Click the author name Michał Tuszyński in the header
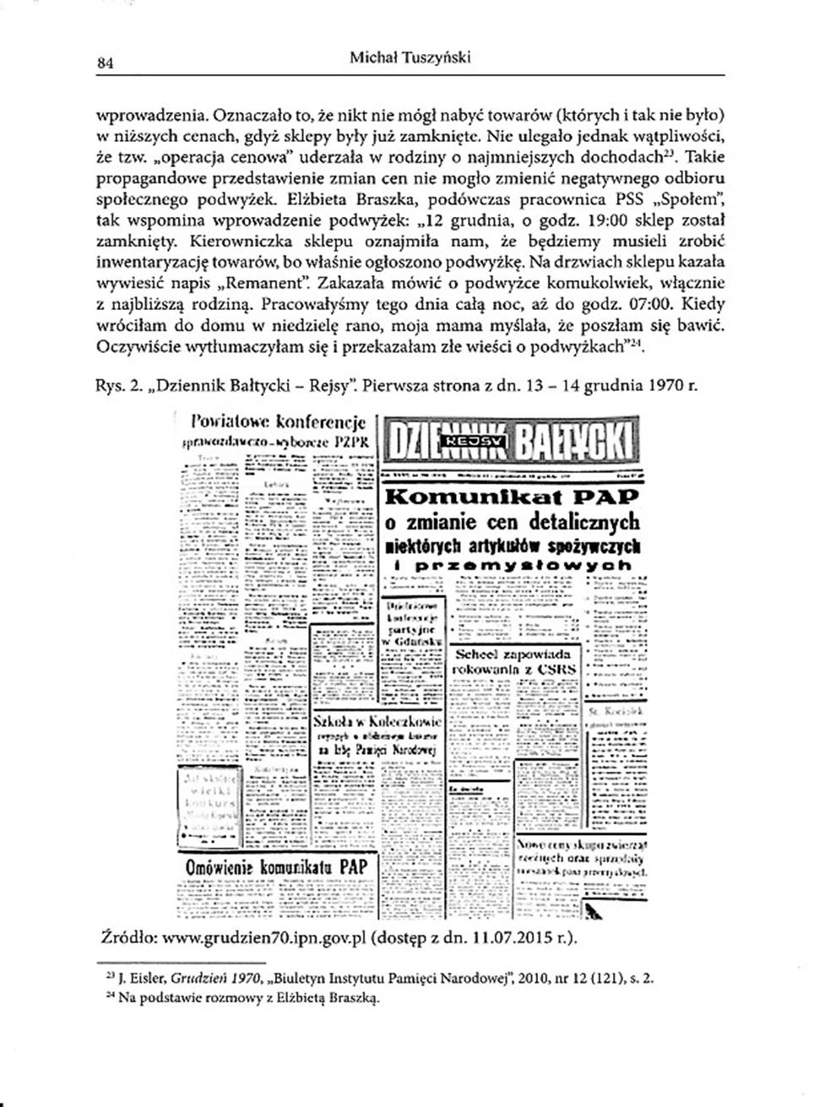410,57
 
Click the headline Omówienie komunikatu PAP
276,866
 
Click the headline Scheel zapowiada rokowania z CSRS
514,661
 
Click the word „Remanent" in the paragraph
269,283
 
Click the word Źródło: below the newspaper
127,938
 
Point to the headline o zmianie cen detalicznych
512,521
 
